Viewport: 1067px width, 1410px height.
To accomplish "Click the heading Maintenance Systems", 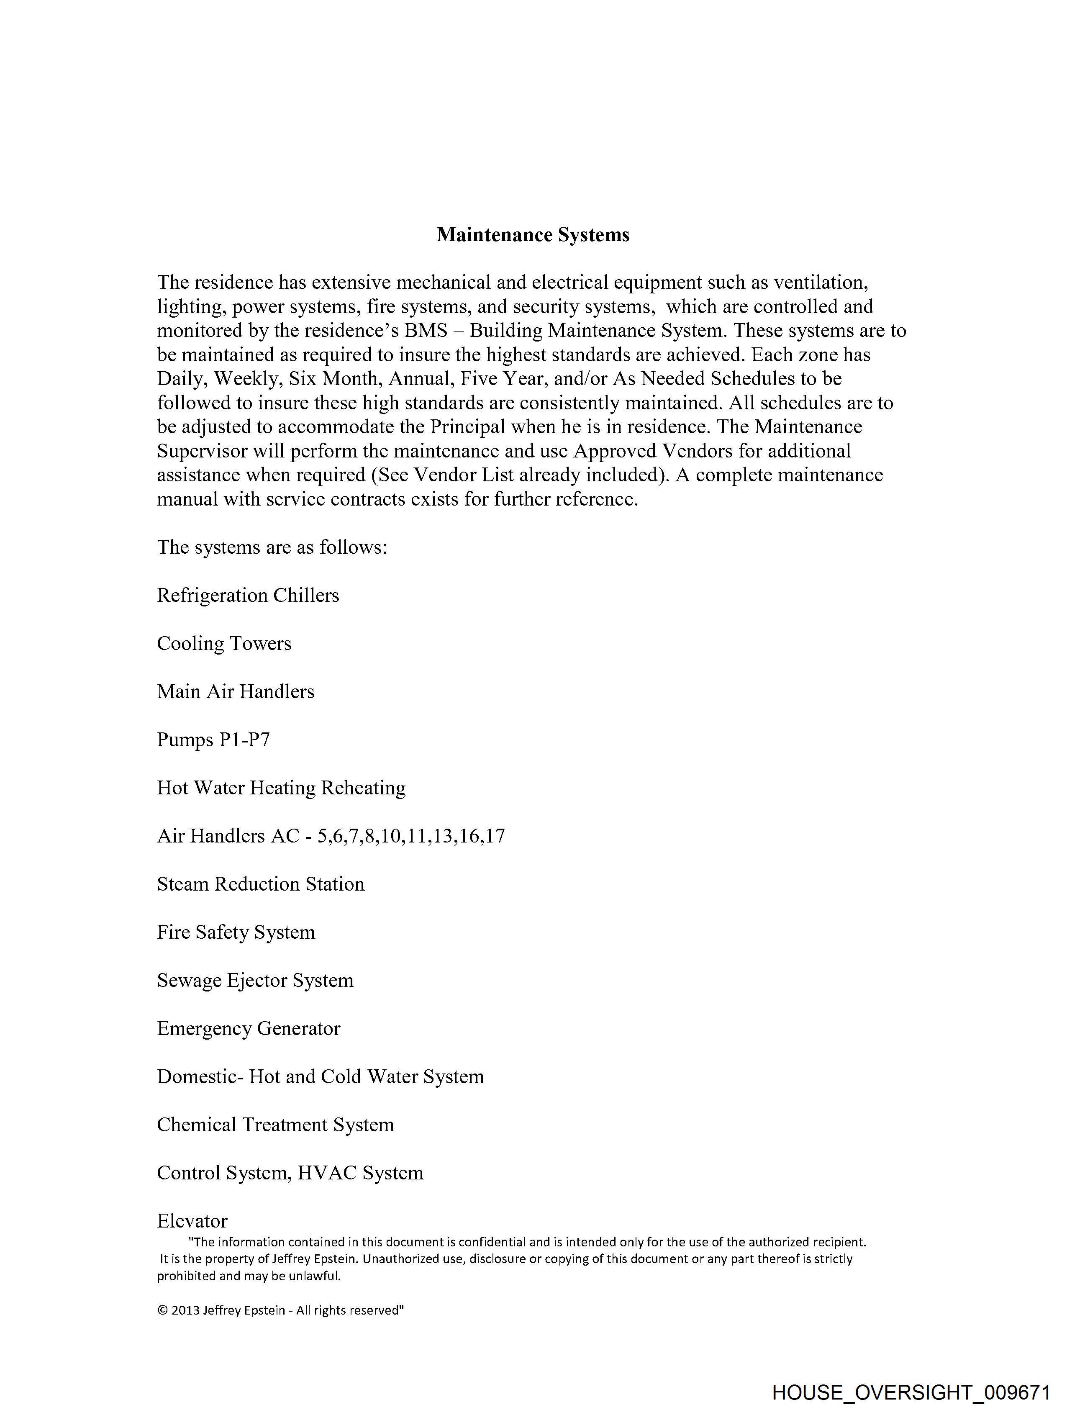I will pyautogui.click(x=533, y=235).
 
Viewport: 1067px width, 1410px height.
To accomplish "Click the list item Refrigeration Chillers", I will pyautogui.click(x=248, y=596).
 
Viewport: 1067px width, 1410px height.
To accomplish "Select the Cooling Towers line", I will pyautogui.click(x=224, y=644).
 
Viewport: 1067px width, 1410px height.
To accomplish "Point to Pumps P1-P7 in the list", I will pyautogui.click(x=213, y=740).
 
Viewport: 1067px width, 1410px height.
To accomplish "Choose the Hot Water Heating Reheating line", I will pyautogui.click(x=281, y=788).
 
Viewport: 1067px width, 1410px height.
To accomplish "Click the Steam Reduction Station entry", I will pyautogui.click(x=261, y=884).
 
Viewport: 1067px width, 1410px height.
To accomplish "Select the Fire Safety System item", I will pyautogui.click(x=236, y=932).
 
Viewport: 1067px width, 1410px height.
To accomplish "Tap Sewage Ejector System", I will pyautogui.click(x=255, y=980).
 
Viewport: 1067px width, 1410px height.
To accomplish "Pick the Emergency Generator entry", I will pyautogui.click(x=249, y=1029).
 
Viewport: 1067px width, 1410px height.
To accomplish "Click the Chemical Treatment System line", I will pyautogui.click(x=275, y=1125).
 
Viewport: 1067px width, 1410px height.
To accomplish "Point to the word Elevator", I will pyautogui.click(x=192, y=1221).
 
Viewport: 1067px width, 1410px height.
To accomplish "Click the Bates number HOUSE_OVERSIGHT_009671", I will pyautogui.click(x=911, y=1393).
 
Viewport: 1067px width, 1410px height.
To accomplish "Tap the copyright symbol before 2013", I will pyautogui.click(x=162, y=1310).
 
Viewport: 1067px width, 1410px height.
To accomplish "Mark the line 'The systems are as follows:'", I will pyautogui.click(x=272, y=547).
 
